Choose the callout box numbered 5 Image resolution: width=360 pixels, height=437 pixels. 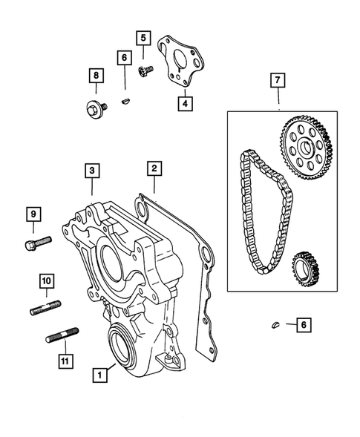143,37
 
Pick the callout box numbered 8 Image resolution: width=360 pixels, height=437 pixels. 95,75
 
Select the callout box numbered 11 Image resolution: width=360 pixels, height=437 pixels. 65,361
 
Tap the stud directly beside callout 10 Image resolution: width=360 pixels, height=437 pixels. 45,307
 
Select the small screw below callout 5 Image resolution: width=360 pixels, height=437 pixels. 145,69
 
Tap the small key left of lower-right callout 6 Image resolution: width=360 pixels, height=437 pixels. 275,324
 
